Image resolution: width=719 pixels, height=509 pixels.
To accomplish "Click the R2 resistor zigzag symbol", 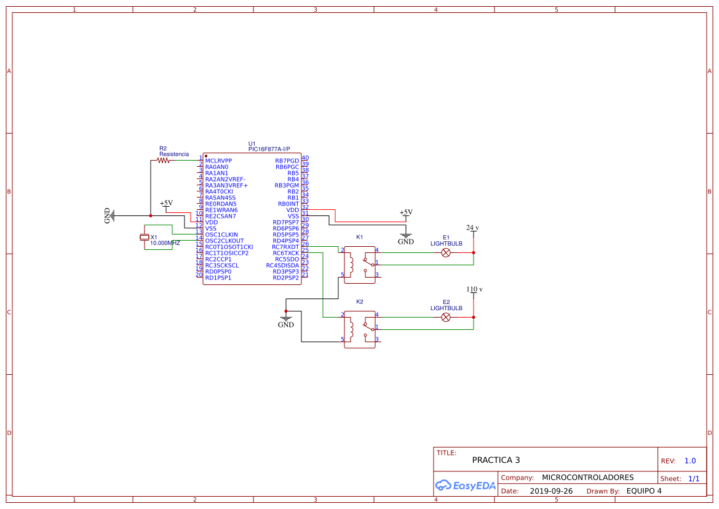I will pyautogui.click(x=163, y=161).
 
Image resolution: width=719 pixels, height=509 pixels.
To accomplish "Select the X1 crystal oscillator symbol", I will pyautogui.click(x=145, y=238).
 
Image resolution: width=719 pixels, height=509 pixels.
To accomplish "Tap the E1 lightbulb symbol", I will pyautogui.click(x=447, y=252).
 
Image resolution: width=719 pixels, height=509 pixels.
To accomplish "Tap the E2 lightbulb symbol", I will pyautogui.click(x=447, y=317).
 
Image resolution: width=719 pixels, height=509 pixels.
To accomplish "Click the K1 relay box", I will pyautogui.click(x=360, y=265).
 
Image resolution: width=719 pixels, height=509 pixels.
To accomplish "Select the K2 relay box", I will pyautogui.click(x=360, y=329).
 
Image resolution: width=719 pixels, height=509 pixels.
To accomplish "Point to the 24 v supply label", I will pyautogui.click(x=472, y=228).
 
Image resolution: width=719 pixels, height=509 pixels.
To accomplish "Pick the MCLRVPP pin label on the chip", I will pyautogui.click(x=218, y=161).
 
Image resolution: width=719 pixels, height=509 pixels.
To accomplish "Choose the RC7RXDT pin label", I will pyautogui.click(x=285, y=247).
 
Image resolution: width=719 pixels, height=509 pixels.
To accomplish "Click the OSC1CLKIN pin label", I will pyautogui.click(x=221, y=234).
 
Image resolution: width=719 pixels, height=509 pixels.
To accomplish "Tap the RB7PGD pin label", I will pyautogui.click(x=287, y=161).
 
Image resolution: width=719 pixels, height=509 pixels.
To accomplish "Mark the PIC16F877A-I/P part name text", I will pyautogui.click(x=269, y=149).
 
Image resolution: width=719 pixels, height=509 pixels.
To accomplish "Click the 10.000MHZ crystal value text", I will pyautogui.click(x=165, y=243).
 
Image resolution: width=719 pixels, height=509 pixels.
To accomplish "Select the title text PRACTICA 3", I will pyautogui.click(x=496, y=460).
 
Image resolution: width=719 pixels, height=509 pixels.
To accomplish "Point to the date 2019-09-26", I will pyautogui.click(x=551, y=491).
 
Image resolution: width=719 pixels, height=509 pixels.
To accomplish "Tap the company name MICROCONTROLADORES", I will pyautogui.click(x=587, y=478).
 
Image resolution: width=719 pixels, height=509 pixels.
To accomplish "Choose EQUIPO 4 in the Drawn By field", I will pyautogui.click(x=644, y=491).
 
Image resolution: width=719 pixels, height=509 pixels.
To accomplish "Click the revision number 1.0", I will pyautogui.click(x=690, y=460).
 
